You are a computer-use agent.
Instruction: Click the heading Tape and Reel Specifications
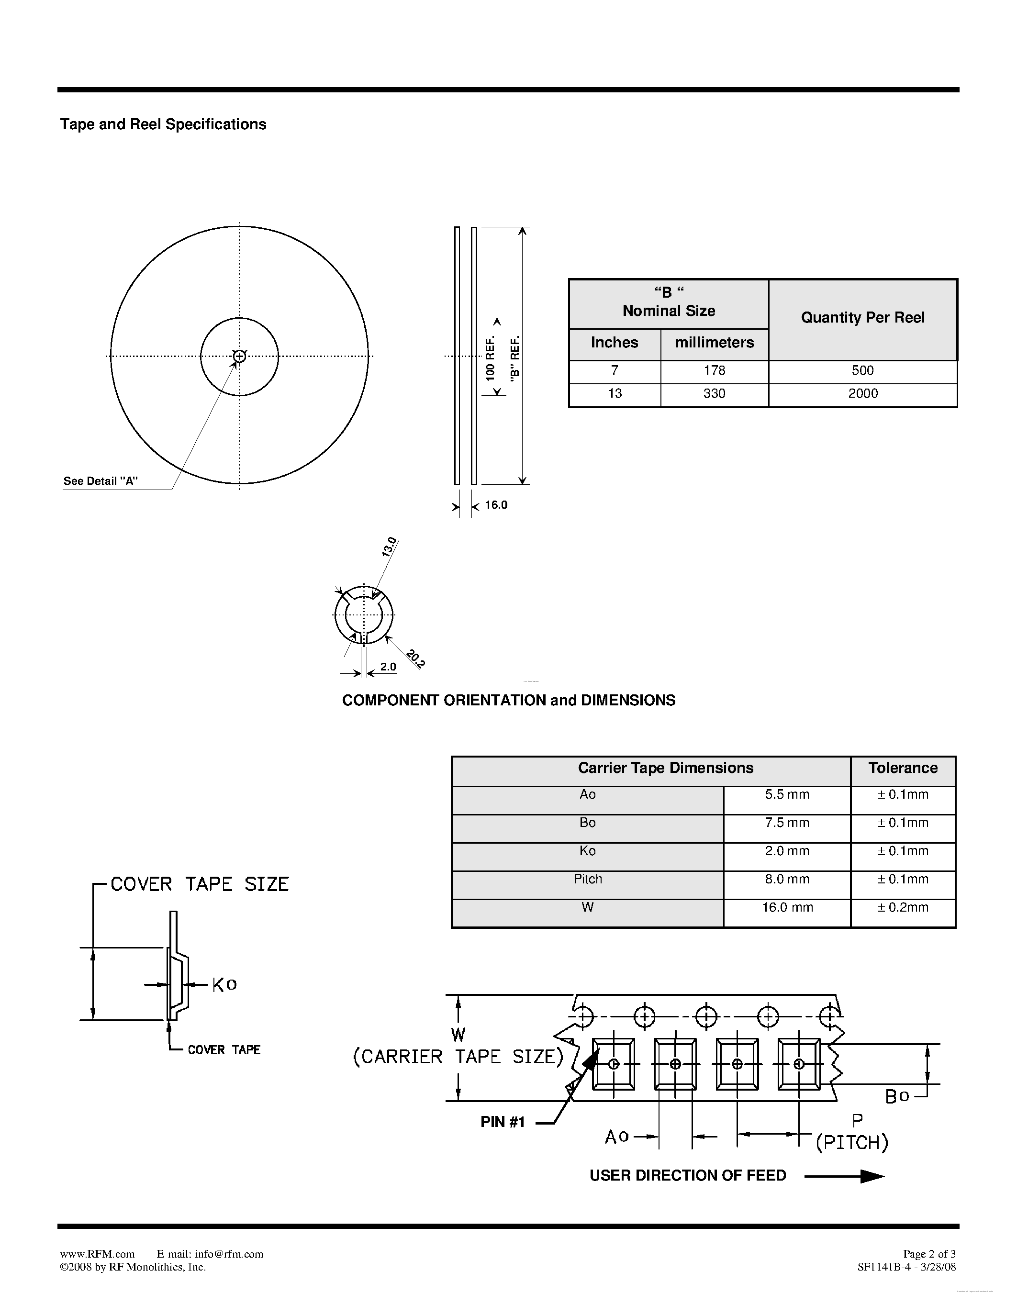163,124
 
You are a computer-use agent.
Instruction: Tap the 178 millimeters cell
714,370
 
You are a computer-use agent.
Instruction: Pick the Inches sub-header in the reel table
614,343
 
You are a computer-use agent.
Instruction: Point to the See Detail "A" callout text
101,481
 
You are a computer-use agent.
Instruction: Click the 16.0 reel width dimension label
496,505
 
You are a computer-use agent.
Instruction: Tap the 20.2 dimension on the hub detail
416,658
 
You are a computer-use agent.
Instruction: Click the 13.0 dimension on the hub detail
389,546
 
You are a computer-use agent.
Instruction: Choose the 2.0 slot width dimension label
388,667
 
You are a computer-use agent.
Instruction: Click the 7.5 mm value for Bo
787,823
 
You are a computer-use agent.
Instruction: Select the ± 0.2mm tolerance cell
903,907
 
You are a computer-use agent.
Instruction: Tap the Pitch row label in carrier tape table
587,879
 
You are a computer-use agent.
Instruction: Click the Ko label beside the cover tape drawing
224,984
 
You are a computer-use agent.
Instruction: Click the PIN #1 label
503,1122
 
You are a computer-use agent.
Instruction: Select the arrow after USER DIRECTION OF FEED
845,1176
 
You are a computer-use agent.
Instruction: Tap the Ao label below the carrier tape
617,1137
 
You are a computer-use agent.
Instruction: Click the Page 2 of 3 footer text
929,1254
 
